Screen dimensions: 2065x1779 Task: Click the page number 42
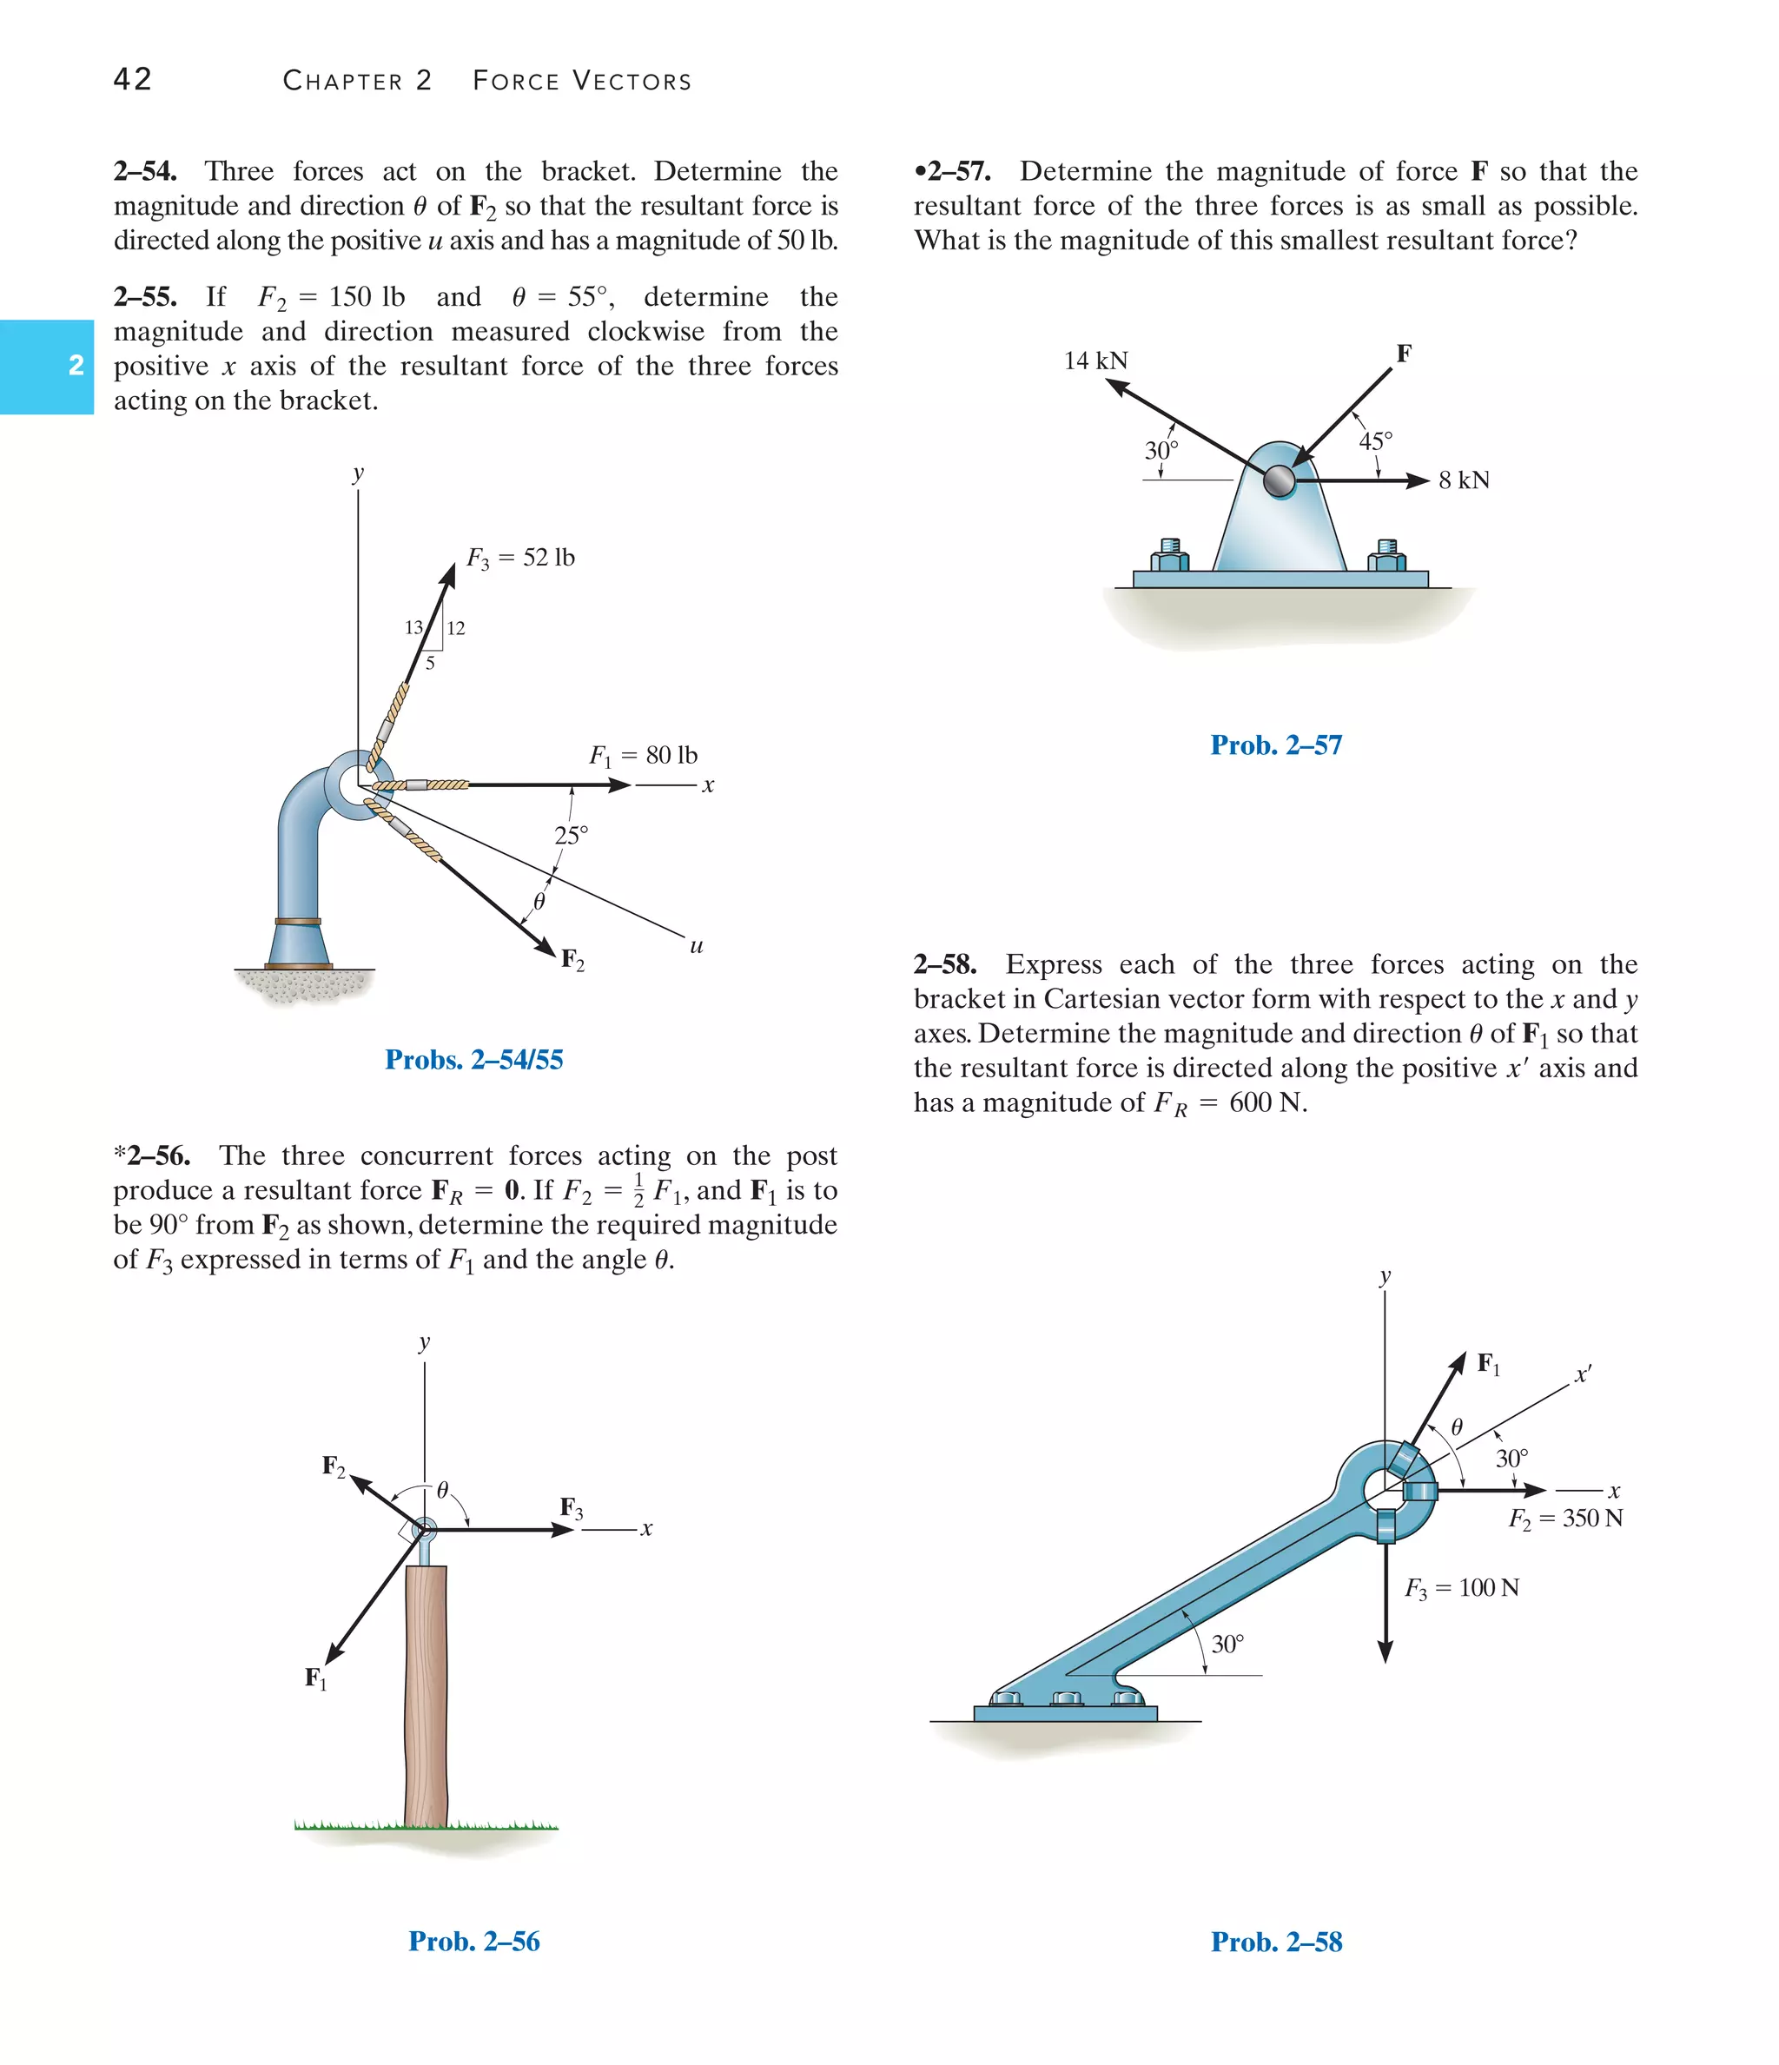[133, 79]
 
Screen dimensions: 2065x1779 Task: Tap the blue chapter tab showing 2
[47, 366]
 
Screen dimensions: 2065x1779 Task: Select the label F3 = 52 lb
[520, 558]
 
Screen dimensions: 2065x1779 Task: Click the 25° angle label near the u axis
[571, 835]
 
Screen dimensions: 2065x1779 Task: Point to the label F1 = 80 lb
[643, 756]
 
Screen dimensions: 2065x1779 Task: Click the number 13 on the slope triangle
[413, 627]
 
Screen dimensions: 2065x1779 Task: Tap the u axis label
[696, 946]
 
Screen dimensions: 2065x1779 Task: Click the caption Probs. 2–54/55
[473, 1059]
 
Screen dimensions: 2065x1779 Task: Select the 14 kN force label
[1095, 361]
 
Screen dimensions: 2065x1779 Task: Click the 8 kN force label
[1463, 480]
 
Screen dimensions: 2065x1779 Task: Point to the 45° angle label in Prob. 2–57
[1375, 440]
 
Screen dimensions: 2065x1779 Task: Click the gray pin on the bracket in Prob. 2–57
[1279, 482]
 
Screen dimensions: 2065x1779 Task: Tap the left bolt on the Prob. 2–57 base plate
[1170, 556]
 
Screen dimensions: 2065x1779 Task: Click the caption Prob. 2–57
[1276, 745]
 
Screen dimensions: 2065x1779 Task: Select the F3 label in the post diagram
[571, 1508]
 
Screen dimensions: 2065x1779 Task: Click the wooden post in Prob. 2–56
[426, 1694]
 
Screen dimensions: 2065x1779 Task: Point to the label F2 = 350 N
[1564, 1518]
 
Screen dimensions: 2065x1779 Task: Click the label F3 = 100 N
[1461, 1587]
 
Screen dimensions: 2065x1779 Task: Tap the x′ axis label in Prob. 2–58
[1583, 1375]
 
